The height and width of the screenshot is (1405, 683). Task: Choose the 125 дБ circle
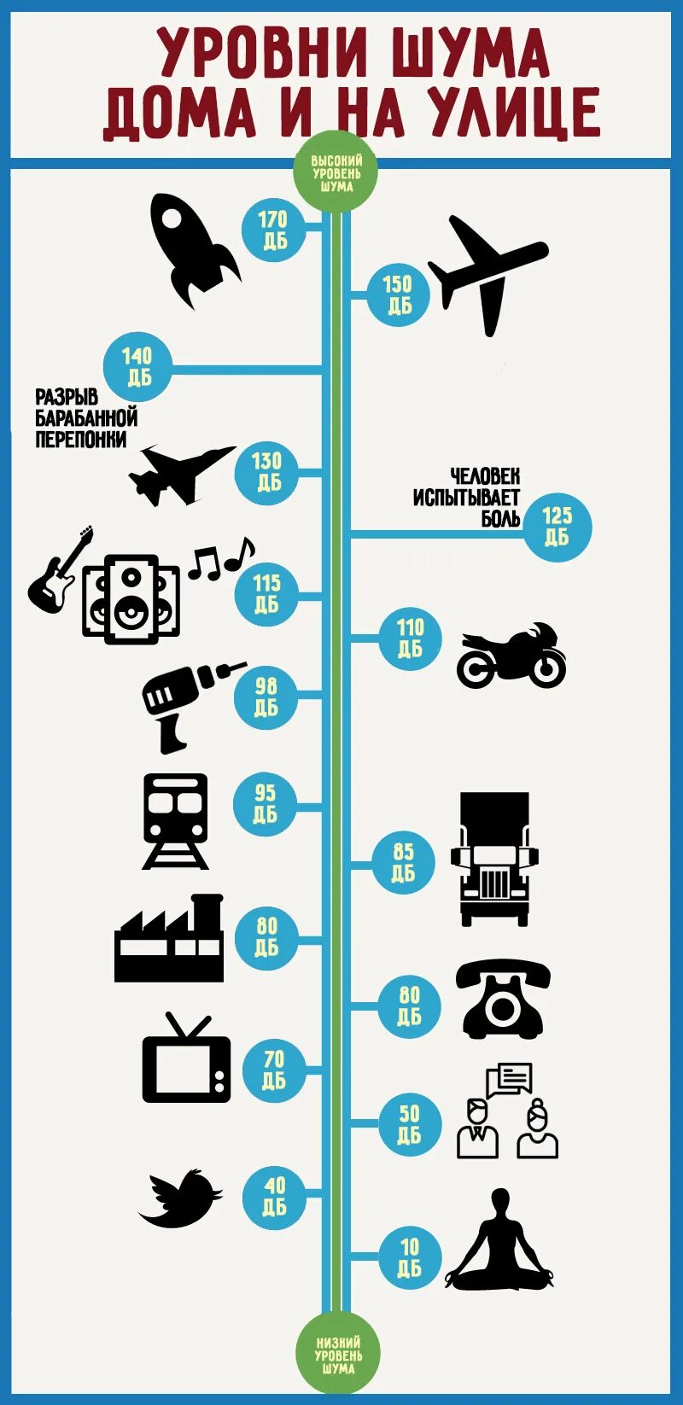pyautogui.click(x=557, y=526)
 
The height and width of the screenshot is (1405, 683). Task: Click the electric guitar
pyautogui.click(x=58, y=571)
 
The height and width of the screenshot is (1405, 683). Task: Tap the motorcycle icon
pyautogui.click(x=511, y=656)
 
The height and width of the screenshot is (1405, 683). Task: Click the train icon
pyautogui.click(x=176, y=819)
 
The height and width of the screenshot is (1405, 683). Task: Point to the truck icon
pyautogui.click(x=494, y=857)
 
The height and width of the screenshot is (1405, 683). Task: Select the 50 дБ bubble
pyautogui.click(x=410, y=1124)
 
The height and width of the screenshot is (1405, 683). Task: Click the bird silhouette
pyautogui.click(x=181, y=1198)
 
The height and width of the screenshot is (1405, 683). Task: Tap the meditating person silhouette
pyautogui.click(x=499, y=1242)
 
